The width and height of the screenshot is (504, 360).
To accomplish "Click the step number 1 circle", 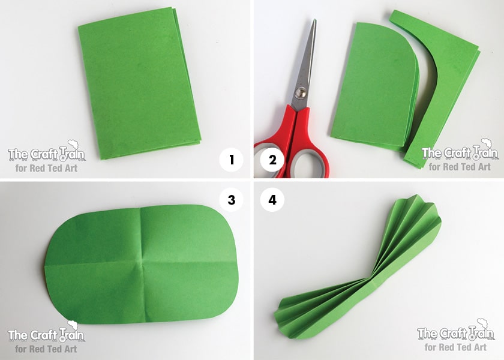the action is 232,160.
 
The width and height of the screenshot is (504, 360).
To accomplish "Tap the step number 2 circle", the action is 272,160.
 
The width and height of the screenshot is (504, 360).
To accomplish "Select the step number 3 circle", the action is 232,200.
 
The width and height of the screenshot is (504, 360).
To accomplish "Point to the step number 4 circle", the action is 272,200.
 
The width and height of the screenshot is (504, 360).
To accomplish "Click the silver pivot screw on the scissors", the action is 301,93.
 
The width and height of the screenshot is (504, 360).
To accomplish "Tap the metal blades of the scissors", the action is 305,64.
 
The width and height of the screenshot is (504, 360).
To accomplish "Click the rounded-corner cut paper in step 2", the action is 374,87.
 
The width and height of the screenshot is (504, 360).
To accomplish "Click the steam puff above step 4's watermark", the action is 483,323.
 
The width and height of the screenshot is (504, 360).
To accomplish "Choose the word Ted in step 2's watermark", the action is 463,167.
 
